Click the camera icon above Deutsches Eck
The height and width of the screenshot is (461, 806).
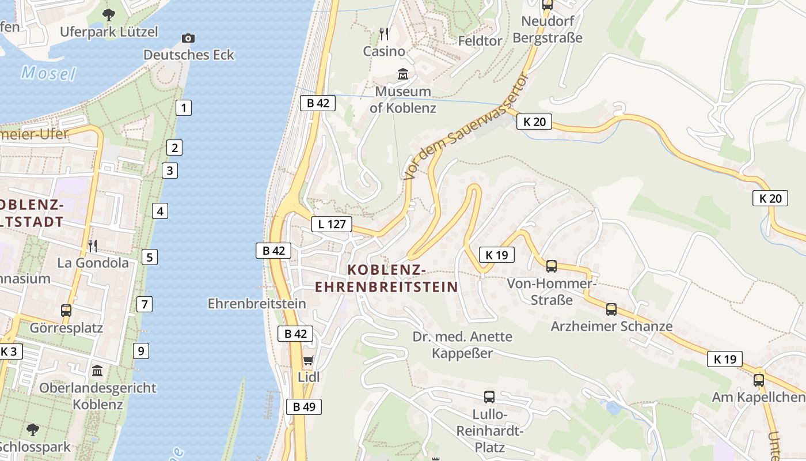click(x=188, y=39)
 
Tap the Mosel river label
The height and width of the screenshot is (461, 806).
click(x=48, y=73)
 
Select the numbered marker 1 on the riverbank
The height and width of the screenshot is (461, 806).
click(x=183, y=107)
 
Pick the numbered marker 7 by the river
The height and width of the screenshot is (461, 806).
click(x=144, y=304)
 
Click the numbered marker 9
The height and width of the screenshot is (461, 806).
click(x=140, y=350)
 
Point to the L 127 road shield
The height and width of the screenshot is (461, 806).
click(x=331, y=224)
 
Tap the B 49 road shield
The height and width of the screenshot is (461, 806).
click(x=304, y=407)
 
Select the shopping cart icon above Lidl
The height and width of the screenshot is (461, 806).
click(x=308, y=361)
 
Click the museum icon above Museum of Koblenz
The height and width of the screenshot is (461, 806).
click(x=402, y=74)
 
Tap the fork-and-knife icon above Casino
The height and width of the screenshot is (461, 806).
click(x=384, y=34)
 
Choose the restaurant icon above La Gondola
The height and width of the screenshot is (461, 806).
click(x=93, y=246)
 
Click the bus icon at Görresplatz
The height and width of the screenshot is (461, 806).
click(x=66, y=311)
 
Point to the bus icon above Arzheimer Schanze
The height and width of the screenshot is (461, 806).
click(x=611, y=309)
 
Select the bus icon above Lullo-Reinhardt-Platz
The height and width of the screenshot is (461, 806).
click(x=489, y=396)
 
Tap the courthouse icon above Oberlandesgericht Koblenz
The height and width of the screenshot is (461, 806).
click(x=97, y=370)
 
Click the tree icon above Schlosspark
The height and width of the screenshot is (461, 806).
click(x=33, y=429)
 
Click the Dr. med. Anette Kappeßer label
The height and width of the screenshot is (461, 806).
click(x=462, y=345)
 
